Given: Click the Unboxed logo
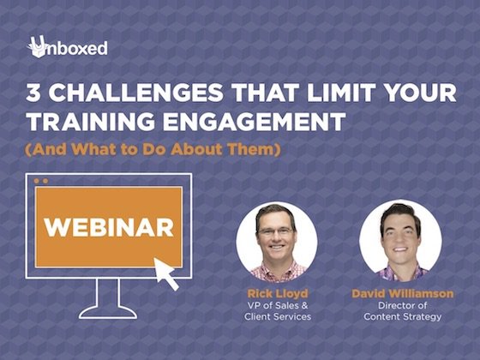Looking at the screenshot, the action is [x=68, y=47].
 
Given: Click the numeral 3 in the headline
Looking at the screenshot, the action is [x=33, y=93].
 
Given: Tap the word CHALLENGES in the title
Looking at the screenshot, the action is [x=135, y=93].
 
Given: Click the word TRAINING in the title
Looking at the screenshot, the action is [x=91, y=122].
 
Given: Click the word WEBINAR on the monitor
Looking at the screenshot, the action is [x=109, y=227].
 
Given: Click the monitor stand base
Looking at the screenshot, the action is [x=108, y=312].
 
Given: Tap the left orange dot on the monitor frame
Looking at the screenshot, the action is [x=37, y=181].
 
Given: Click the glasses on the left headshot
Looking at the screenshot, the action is [x=276, y=231].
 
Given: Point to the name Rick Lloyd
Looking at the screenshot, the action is [x=278, y=293].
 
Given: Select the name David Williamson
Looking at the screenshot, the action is [x=403, y=293].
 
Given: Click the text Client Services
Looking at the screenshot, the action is [x=278, y=316].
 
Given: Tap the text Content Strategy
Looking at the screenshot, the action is [x=403, y=317].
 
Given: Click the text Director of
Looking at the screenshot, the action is [x=403, y=305].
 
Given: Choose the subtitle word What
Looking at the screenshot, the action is [x=93, y=149].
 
